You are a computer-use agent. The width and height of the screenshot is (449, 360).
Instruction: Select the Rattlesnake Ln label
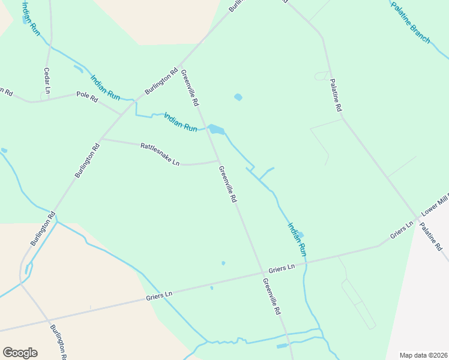pos(160,154)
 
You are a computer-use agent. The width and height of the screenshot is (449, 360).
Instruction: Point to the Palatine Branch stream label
pos(411,22)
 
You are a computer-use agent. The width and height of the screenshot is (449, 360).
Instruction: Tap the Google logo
pos(20,353)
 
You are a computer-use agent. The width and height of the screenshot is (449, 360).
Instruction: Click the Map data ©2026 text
pos(424,355)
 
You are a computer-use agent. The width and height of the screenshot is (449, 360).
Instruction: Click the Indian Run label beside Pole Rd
pos(105,87)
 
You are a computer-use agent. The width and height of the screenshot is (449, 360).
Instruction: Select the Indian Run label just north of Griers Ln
pos(297,240)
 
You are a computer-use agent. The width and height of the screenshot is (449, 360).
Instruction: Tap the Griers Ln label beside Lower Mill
pos(402,231)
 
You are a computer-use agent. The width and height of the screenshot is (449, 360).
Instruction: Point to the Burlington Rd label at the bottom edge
pos(59,342)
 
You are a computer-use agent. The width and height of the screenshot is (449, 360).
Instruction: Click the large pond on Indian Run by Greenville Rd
pos(216,130)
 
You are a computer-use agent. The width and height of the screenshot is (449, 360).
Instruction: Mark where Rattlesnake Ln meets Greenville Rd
pos(218,160)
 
